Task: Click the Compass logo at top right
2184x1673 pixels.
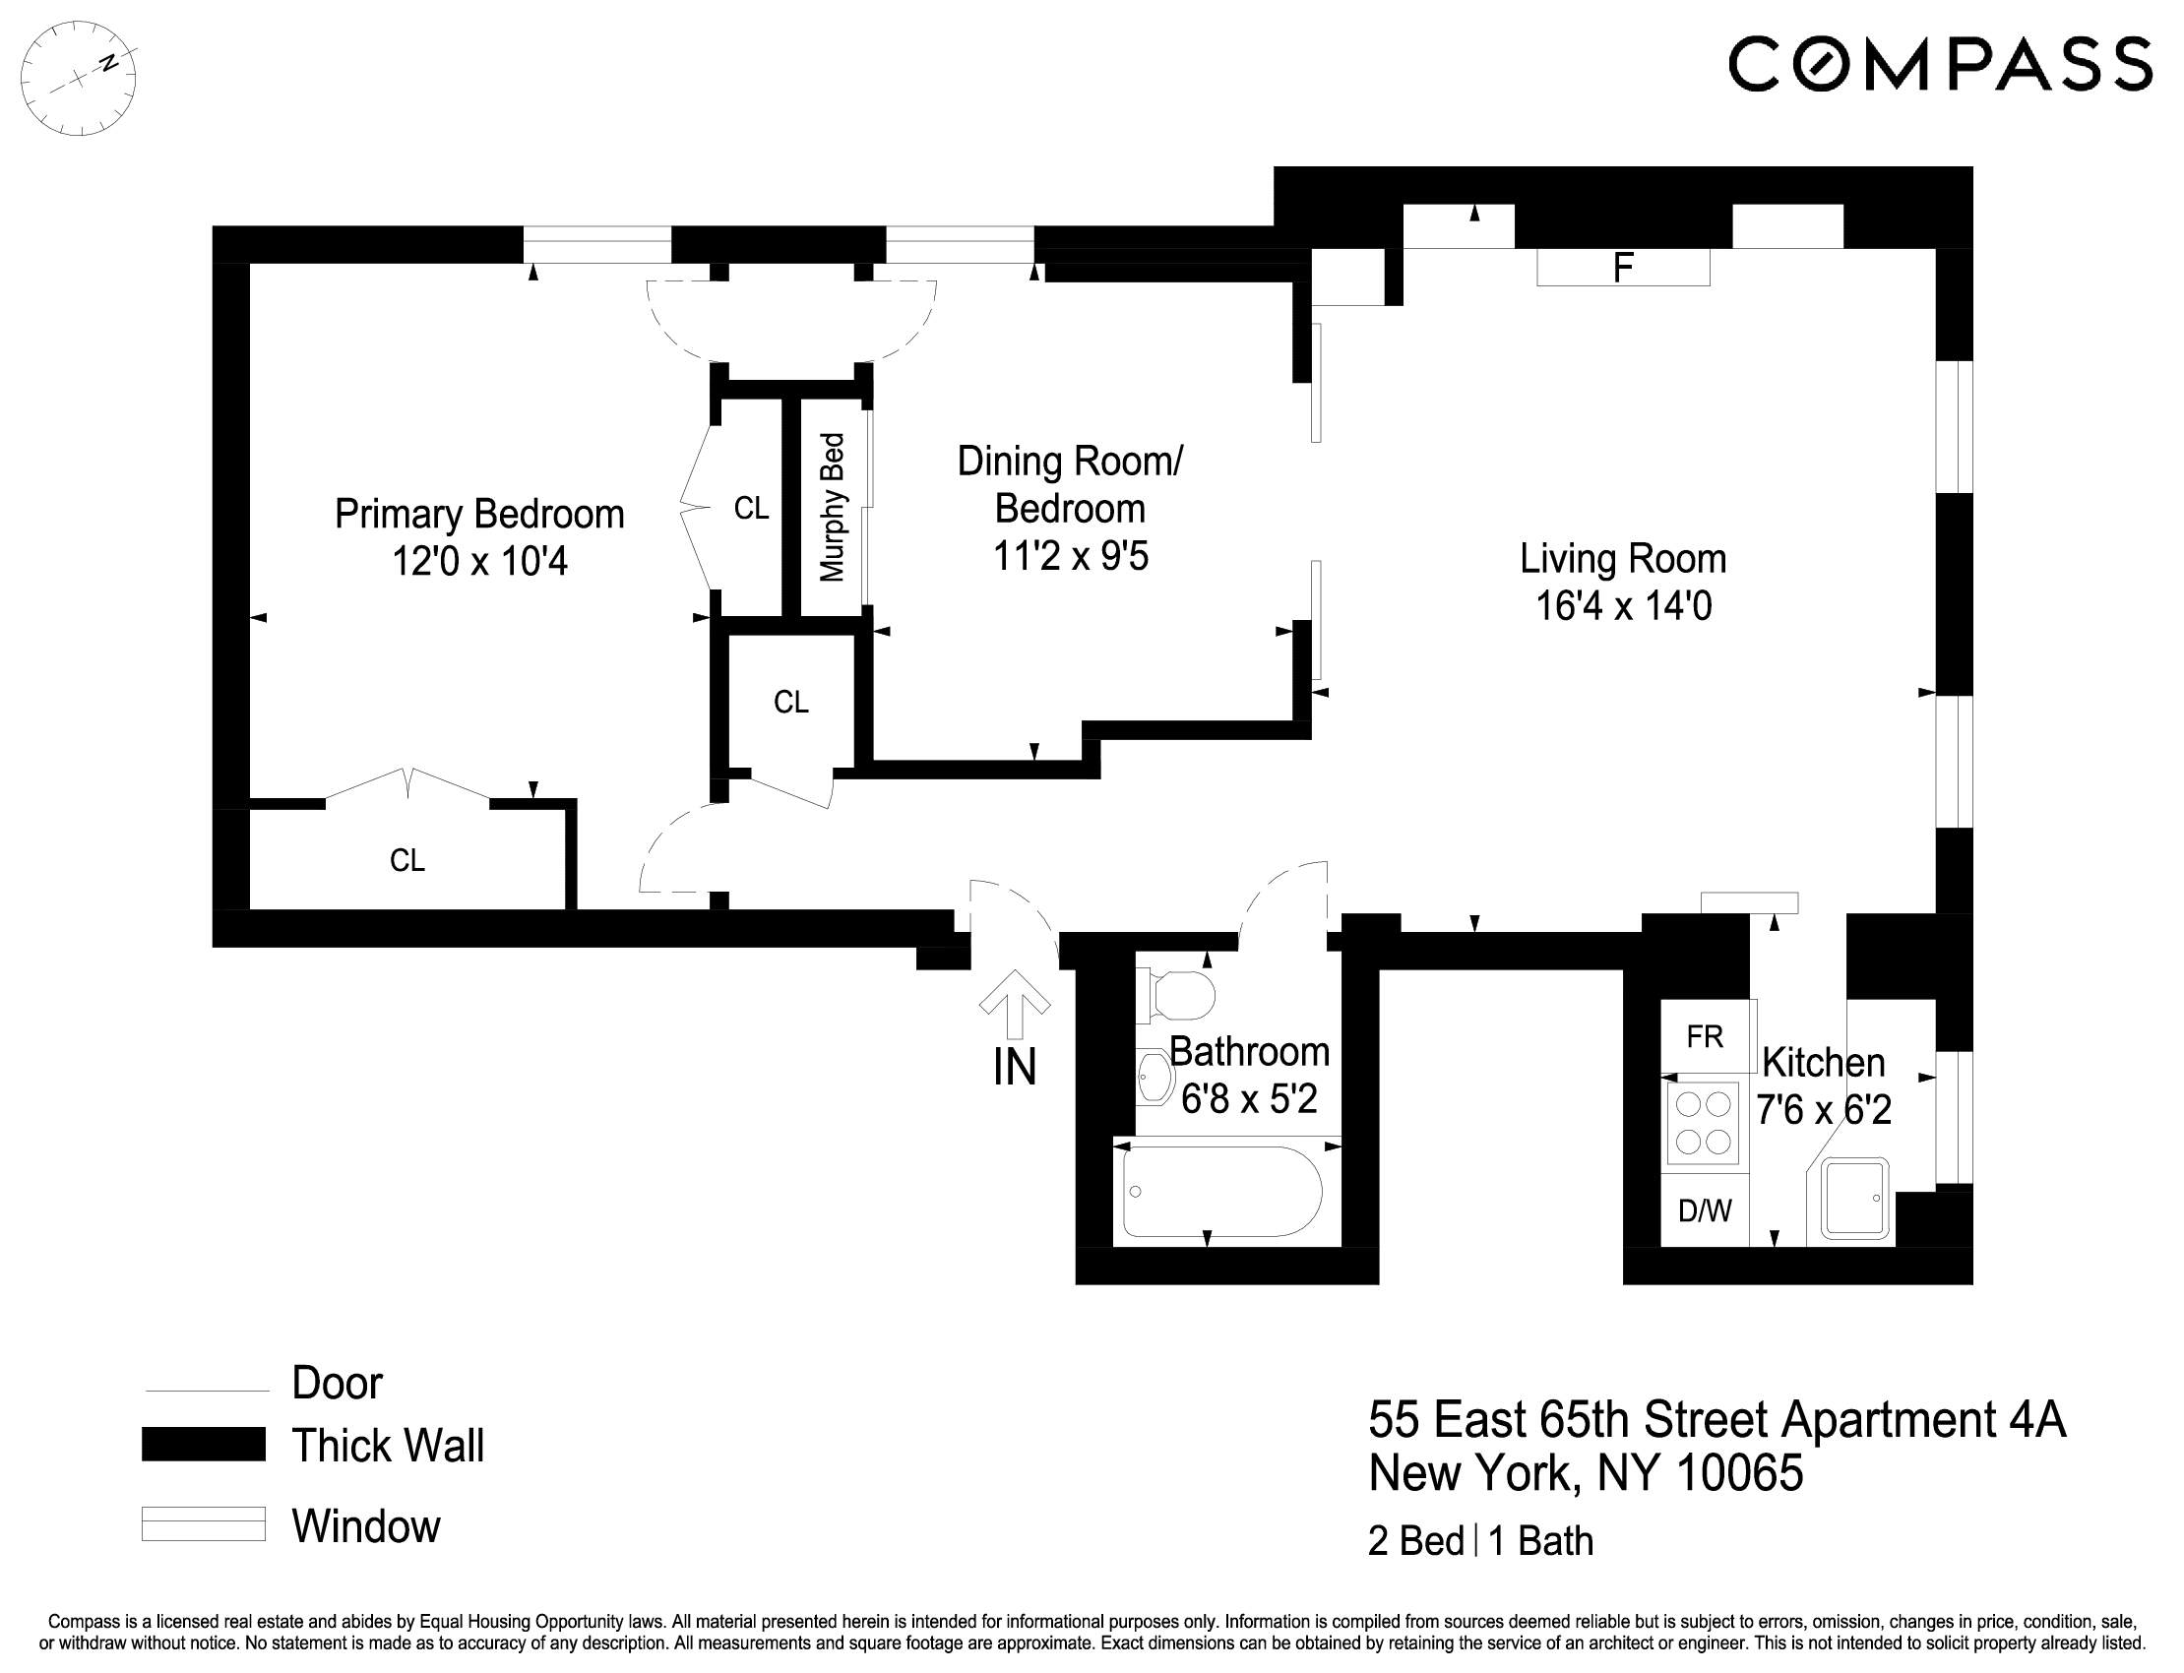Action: [x=1939, y=64]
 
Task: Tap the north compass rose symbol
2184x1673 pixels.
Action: [x=79, y=78]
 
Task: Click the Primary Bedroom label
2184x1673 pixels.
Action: [x=479, y=515]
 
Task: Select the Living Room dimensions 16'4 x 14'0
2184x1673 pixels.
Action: [x=1623, y=605]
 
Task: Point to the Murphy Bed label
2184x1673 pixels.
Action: [x=832, y=507]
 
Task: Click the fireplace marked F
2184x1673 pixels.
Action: [x=1622, y=267]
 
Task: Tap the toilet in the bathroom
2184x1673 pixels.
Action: [x=1181, y=995]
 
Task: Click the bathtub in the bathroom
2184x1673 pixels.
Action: [x=1222, y=1191]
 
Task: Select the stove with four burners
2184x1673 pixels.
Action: [x=1703, y=1122]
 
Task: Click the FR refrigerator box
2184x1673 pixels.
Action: [x=1704, y=1036]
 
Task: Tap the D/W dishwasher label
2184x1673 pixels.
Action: [x=1704, y=1209]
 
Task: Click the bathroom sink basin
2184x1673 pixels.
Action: [x=1155, y=1079]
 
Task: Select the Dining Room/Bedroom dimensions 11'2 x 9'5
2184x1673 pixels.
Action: [x=1071, y=556]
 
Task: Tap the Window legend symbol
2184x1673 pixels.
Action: [x=203, y=1523]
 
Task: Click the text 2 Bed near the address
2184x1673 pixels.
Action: [x=1415, y=1540]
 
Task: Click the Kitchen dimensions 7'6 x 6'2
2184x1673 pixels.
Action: [x=1823, y=1109]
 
